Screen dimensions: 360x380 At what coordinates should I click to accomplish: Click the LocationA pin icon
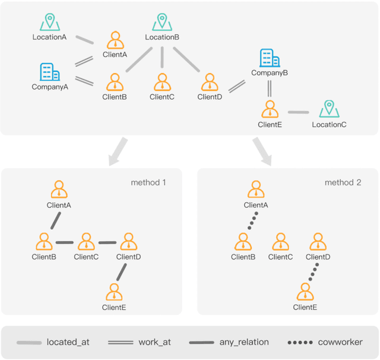point(49,23)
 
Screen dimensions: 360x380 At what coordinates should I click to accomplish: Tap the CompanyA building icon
point(49,72)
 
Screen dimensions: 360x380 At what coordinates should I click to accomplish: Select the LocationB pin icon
point(162,23)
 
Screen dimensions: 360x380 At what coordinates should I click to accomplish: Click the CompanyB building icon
point(270,58)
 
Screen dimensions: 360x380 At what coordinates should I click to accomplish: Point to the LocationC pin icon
point(328,109)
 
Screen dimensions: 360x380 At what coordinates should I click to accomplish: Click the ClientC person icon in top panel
point(161,82)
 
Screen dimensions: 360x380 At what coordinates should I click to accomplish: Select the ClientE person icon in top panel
point(270,109)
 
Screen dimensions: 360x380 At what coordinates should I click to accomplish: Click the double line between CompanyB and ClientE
point(270,89)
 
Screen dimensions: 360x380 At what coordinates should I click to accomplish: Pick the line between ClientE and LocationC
point(299,112)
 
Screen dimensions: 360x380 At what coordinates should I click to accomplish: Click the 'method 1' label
point(148,182)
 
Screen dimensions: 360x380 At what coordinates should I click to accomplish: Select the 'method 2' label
point(343,182)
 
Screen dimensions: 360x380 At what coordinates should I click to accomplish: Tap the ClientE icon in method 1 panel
point(114,292)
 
